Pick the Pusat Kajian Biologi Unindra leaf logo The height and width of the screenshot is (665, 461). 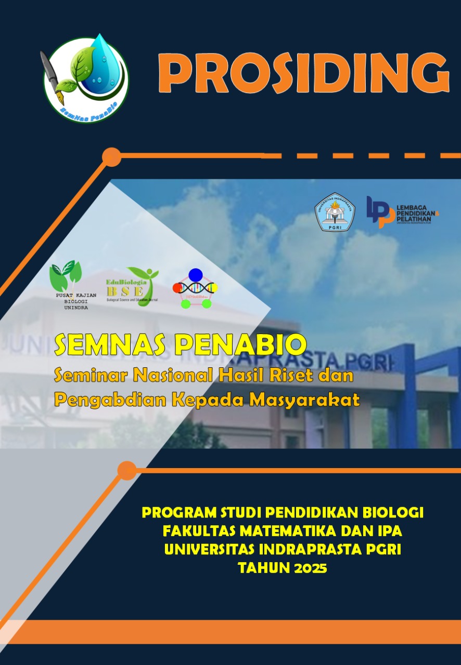click(x=66, y=285)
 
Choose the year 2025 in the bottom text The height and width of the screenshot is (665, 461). click(x=310, y=568)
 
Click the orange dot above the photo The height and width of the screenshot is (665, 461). click(x=111, y=156)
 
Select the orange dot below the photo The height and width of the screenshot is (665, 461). click(x=126, y=470)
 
